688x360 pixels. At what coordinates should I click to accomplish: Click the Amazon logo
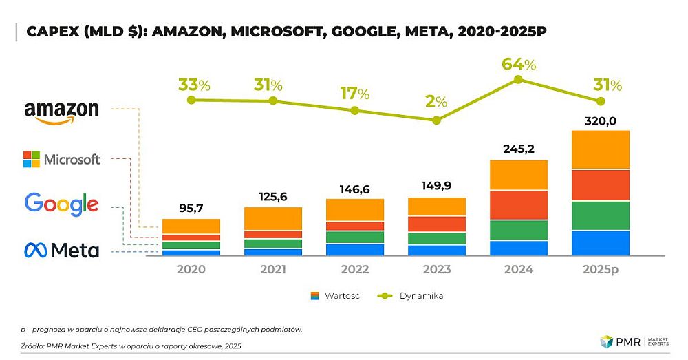61,112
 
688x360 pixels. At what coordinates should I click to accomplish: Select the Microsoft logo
61,160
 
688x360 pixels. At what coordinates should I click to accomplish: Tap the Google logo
61,204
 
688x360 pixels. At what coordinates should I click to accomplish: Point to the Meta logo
61,250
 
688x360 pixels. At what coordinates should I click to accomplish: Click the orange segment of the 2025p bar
601,149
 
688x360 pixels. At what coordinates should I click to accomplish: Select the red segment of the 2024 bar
519,204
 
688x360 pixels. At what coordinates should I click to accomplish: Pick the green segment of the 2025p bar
601,215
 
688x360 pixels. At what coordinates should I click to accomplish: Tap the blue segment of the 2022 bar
355,249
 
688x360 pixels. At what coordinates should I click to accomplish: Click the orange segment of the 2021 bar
273,218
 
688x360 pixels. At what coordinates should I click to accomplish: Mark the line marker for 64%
519,79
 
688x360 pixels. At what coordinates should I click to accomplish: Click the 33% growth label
194,85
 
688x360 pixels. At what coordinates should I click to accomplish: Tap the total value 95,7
191,209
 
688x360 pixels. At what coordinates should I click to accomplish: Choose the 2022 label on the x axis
355,269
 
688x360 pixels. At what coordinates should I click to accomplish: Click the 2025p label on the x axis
601,269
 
